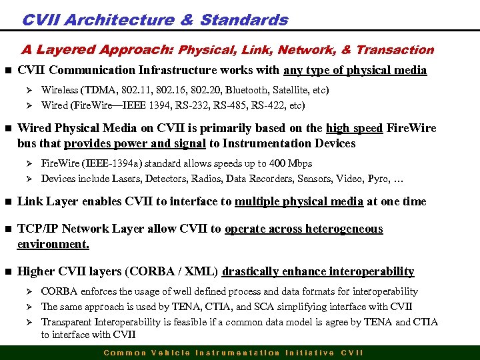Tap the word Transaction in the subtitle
click(x=395, y=50)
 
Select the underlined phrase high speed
click(x=354, y=129)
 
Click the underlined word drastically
click(x=251, y=271)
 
